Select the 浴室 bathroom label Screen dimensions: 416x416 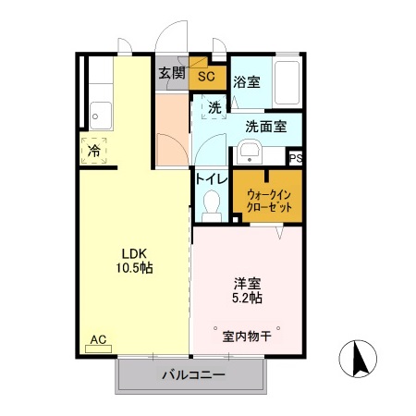pyautogui.click(x=246, y=80)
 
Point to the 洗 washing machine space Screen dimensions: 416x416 pyautogui.click(x=214, y=108)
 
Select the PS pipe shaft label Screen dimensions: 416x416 pyautogui.click(x=296, y=158)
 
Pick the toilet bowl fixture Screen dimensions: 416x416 pyautogui.click(x=210, y=204)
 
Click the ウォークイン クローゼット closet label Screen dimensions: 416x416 pyautogui.click(x=269, y=201)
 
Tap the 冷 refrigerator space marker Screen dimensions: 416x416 pyautogui.click(x=93, y=150)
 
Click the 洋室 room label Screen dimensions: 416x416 pyautogui.click(x=245, y=283)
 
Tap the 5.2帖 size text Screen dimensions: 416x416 pyautogui.click(x=245, y=299)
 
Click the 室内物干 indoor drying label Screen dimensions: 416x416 pyautogui.click(x=246, y=336)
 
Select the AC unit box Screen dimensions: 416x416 pyautogui.click(x=98, y=340)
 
